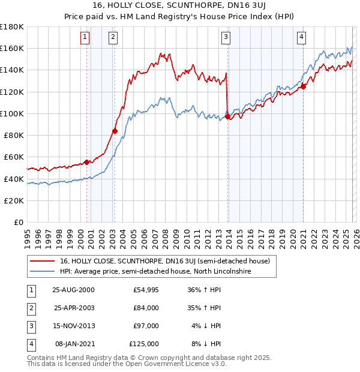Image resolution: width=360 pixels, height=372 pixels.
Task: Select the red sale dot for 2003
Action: coord(115,131)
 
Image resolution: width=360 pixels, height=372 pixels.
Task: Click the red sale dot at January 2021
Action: coord(304,86)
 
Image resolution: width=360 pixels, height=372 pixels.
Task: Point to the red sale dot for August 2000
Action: coord(86,162)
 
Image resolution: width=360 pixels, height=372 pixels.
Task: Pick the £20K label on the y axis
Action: coord(13,200)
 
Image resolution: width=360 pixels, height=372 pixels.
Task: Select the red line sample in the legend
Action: coord(43,262)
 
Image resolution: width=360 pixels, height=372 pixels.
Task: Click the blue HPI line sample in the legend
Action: coord(43,272)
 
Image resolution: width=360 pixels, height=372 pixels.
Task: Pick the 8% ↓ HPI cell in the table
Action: coord(206,344)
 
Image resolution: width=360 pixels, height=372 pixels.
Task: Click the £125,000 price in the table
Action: coord(144,344)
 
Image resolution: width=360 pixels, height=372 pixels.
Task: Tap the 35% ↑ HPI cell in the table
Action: coord(206,308)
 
